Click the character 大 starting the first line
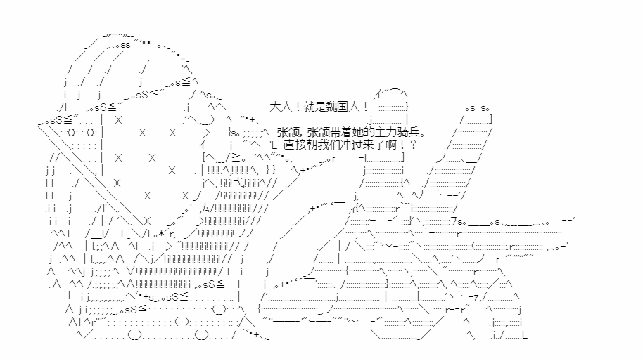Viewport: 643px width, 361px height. point(275,107)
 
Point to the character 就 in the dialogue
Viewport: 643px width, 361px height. point(309,107)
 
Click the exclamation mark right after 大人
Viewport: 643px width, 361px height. point(297,107)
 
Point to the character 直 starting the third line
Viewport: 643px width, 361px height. point(289,145)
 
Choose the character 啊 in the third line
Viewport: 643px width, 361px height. point(391,145)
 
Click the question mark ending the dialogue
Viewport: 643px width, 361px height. point(414,145)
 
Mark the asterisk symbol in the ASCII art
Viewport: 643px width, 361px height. point(162,234)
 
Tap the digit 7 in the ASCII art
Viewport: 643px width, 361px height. point(454,221)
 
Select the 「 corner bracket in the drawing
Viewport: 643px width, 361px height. point(71,296)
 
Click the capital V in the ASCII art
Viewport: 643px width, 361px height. point(129,271)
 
